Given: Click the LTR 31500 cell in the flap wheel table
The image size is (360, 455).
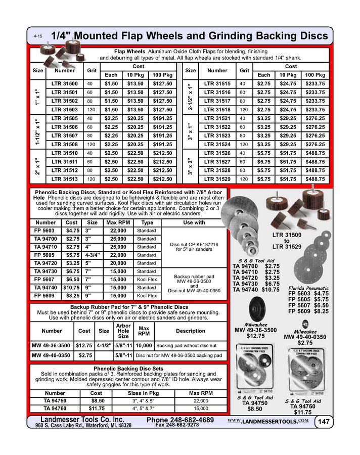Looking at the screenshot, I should [64, 83].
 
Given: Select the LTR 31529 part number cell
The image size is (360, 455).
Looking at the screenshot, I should [217, 179].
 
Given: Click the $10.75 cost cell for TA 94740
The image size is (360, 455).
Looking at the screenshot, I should [72, 287].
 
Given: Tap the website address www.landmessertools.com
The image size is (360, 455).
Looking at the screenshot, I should [268, 421].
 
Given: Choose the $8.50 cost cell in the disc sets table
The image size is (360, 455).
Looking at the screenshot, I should [96, 400].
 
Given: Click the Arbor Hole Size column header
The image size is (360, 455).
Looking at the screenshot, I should [123, 332].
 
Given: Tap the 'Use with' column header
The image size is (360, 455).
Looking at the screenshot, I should [194, 222].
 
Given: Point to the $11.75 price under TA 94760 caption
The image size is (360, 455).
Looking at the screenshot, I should [302, 412].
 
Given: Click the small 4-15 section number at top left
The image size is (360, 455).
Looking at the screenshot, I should [38, 37].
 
